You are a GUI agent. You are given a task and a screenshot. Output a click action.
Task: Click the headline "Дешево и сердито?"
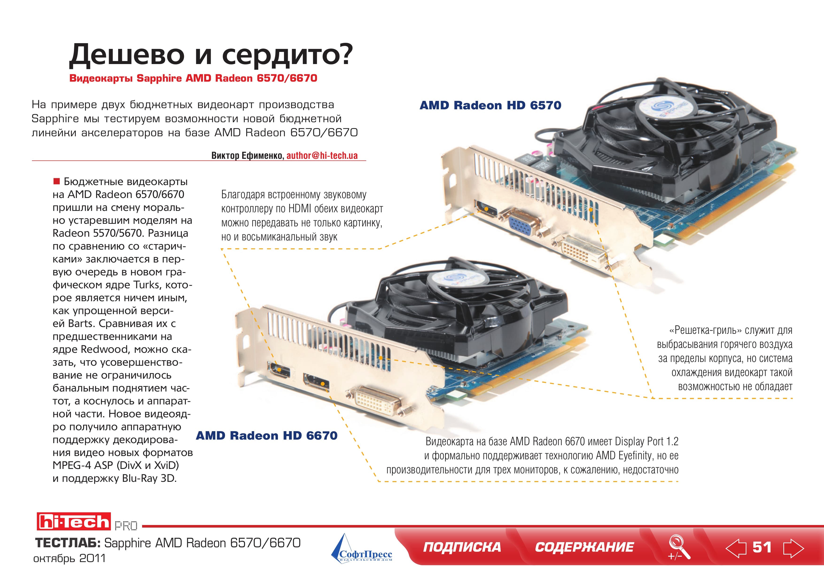coord(211,55)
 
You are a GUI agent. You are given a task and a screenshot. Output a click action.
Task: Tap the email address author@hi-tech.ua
coord(322,156)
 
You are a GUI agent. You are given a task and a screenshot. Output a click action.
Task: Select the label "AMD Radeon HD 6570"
coord(490,105)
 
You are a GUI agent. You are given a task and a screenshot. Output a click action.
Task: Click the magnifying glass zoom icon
coord(679,547)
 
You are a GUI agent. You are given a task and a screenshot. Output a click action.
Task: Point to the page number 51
coord(762,548)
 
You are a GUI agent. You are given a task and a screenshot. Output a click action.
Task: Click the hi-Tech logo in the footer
coord(74,521)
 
